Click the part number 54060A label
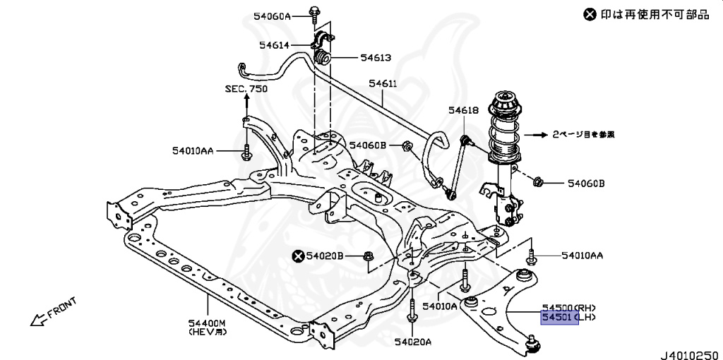271,16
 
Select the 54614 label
274,44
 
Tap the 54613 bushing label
376,58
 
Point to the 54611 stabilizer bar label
383,84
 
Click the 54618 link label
463,110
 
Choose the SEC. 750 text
246,89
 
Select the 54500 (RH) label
569,308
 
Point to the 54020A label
413,342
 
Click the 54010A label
441,306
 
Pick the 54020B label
325,256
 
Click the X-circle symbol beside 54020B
299,256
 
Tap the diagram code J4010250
691,348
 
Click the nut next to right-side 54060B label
537,183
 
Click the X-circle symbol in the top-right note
590,14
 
